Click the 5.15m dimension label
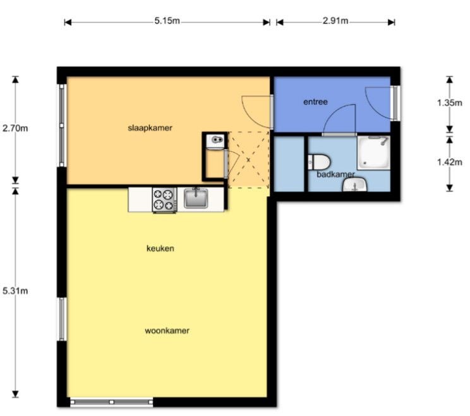[167, 21]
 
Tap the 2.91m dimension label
[335, 21]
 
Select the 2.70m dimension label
[15, 128]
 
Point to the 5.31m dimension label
[15, 290]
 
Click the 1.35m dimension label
[449, 103]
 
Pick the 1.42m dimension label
[449, 162]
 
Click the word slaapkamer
[150, 128]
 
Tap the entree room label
[315, 102]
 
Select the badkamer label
[335, 174]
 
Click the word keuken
[160, 248]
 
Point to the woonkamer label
[167, 331]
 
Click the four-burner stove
[164, 199]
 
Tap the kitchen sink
[196, 198]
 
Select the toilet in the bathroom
[319, 162]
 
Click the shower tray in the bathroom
[373, 153]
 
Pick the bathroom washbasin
[355, 184]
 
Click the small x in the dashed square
[248, 160]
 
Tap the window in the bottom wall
[112, 401]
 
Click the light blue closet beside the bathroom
[289, 164]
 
